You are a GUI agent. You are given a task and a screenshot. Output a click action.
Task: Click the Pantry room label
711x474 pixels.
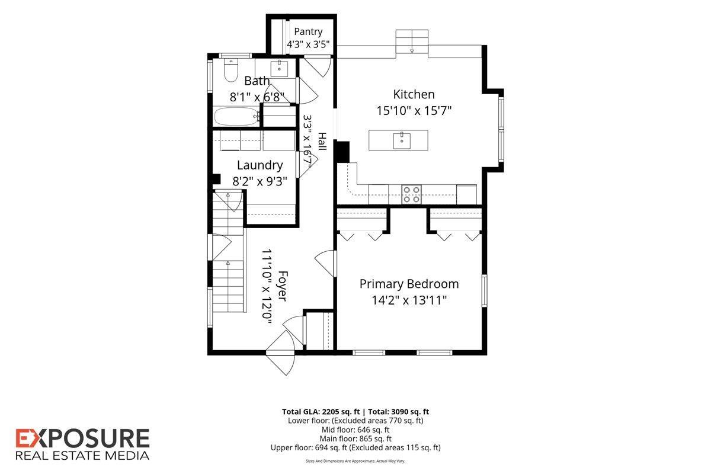tap(308, 32)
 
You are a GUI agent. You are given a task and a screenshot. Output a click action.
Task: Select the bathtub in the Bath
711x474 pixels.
tap(237, 117)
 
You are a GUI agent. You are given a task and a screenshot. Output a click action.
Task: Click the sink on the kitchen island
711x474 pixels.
tap(402, 140)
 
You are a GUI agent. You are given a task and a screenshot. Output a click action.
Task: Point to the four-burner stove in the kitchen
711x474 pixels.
tap(411, 194)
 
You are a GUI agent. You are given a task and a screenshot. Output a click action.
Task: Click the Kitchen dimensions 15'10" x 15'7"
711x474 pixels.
tap(414, 111)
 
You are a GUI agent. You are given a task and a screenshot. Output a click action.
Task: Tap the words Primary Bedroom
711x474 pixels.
tap(409, 283)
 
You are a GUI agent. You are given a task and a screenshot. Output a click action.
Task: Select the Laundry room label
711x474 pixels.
tap(260, 165)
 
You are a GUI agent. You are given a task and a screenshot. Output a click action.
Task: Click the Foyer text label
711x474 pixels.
tap(283, 286)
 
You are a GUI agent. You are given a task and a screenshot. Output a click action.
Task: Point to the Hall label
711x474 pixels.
tap(322, 142)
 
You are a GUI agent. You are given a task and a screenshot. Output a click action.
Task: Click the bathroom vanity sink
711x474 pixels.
tap(279, 69)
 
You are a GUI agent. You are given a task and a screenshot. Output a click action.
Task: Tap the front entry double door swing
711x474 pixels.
tap(281, 353)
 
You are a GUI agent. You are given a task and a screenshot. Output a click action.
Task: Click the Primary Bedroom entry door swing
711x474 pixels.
tap(325, 263)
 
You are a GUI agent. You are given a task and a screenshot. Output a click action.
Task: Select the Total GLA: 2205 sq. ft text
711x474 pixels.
tap(321, 412)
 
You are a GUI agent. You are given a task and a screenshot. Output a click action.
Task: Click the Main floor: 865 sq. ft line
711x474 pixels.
tap(355, 439)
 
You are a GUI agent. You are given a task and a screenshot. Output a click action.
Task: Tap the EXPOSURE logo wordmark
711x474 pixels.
tap(82, 438)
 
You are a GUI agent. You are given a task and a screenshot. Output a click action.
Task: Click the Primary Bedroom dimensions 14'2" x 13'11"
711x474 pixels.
tap(409, 300)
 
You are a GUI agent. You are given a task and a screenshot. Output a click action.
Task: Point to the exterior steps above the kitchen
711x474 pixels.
tap(412, 41)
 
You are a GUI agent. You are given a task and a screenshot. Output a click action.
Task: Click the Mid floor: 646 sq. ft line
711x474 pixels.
tap(355, 430)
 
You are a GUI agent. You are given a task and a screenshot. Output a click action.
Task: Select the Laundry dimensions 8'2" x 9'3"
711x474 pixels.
tap(260, 181)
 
